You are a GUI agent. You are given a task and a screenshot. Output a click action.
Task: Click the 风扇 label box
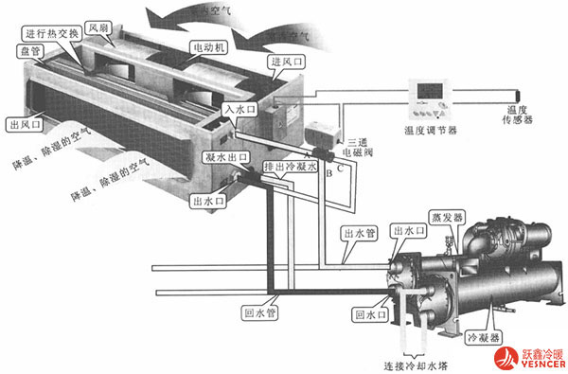[x=98, y=28]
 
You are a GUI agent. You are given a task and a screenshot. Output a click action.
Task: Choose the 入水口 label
[x=239, y=110]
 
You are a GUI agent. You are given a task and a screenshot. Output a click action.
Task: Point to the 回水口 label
[x=368, y=312]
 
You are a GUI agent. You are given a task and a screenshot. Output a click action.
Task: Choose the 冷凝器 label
[x=483, y=335]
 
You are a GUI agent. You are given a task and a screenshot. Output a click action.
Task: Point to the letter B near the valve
[x=328, y=175]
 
